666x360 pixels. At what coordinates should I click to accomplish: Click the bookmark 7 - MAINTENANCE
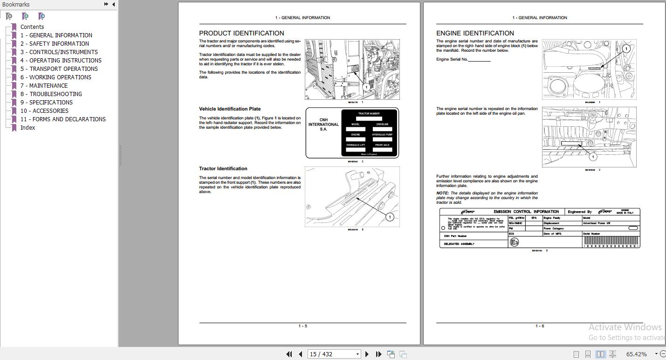[x=44, y=86]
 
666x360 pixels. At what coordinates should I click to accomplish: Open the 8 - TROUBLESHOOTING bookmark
[x=51, y=94]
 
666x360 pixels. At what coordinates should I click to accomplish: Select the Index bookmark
[x=27, y=128]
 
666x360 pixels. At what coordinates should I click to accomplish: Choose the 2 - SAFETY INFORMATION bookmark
[x=55, y=44]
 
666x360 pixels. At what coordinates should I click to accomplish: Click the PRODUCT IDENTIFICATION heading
[x=241, y=33]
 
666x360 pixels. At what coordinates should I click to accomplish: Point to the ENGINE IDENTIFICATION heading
[x=475, y=33]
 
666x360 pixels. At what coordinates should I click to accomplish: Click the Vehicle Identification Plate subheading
[x=230, y=109]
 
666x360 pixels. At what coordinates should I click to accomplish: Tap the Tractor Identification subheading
[x=223, y=169]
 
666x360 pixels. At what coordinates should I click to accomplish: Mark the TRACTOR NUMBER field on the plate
[x=369, y=118]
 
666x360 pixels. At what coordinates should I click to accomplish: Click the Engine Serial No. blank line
[x=479, y=60]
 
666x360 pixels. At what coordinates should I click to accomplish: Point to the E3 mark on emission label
[x=514, y=242]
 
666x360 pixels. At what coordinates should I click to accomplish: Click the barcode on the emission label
[x=611, y=241]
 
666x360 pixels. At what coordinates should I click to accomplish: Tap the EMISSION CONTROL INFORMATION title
[x=526, y=212]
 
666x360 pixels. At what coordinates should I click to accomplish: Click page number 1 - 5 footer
[x=302, y=326]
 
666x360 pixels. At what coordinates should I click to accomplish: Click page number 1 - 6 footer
[x=540, y=326]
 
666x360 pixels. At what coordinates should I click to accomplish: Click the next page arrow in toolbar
[x=367, y=354]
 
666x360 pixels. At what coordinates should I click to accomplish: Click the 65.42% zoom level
[x=636, y=354]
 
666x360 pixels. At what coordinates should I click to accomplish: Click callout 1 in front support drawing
[x=390, y=217]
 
